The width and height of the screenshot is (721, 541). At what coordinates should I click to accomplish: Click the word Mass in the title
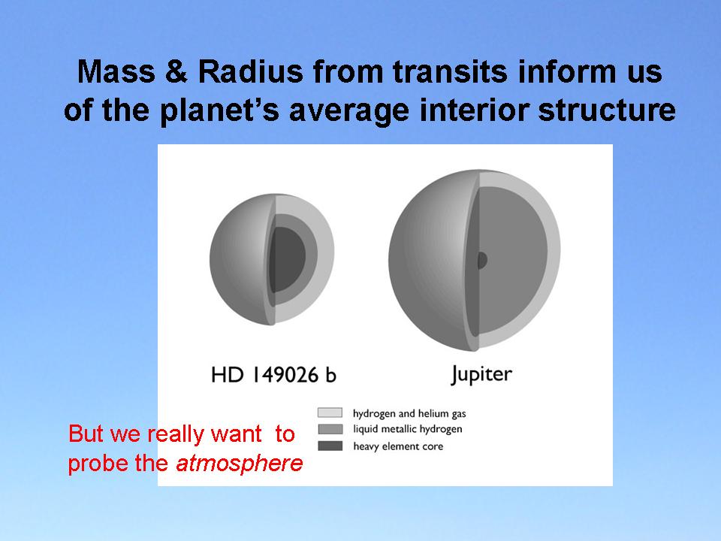(116, 72)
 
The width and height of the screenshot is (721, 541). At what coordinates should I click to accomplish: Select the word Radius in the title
(250, 72)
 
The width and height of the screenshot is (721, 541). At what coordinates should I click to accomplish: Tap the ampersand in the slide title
(176, 72)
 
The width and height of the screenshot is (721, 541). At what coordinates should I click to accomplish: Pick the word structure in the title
(607, 110)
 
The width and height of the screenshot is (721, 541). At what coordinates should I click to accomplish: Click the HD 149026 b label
(273, 375)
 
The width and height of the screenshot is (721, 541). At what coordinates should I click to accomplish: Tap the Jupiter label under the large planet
(481, 374)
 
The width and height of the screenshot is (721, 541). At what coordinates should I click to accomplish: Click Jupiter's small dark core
(482, 261)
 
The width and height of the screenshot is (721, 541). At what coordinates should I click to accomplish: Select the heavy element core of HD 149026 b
(288, 258)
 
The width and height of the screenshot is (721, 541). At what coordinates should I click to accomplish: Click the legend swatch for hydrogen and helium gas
(330, 413)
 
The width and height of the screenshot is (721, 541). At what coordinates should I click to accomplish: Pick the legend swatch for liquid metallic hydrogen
(330, 429)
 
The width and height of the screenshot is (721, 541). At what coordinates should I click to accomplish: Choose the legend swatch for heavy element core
(330, 446)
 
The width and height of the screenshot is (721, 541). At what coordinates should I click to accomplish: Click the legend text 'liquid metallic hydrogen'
(407, 430)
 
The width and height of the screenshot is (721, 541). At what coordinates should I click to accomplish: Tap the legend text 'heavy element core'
(398, 446)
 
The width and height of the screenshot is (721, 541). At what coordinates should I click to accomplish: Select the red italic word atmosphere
(240, 464)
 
